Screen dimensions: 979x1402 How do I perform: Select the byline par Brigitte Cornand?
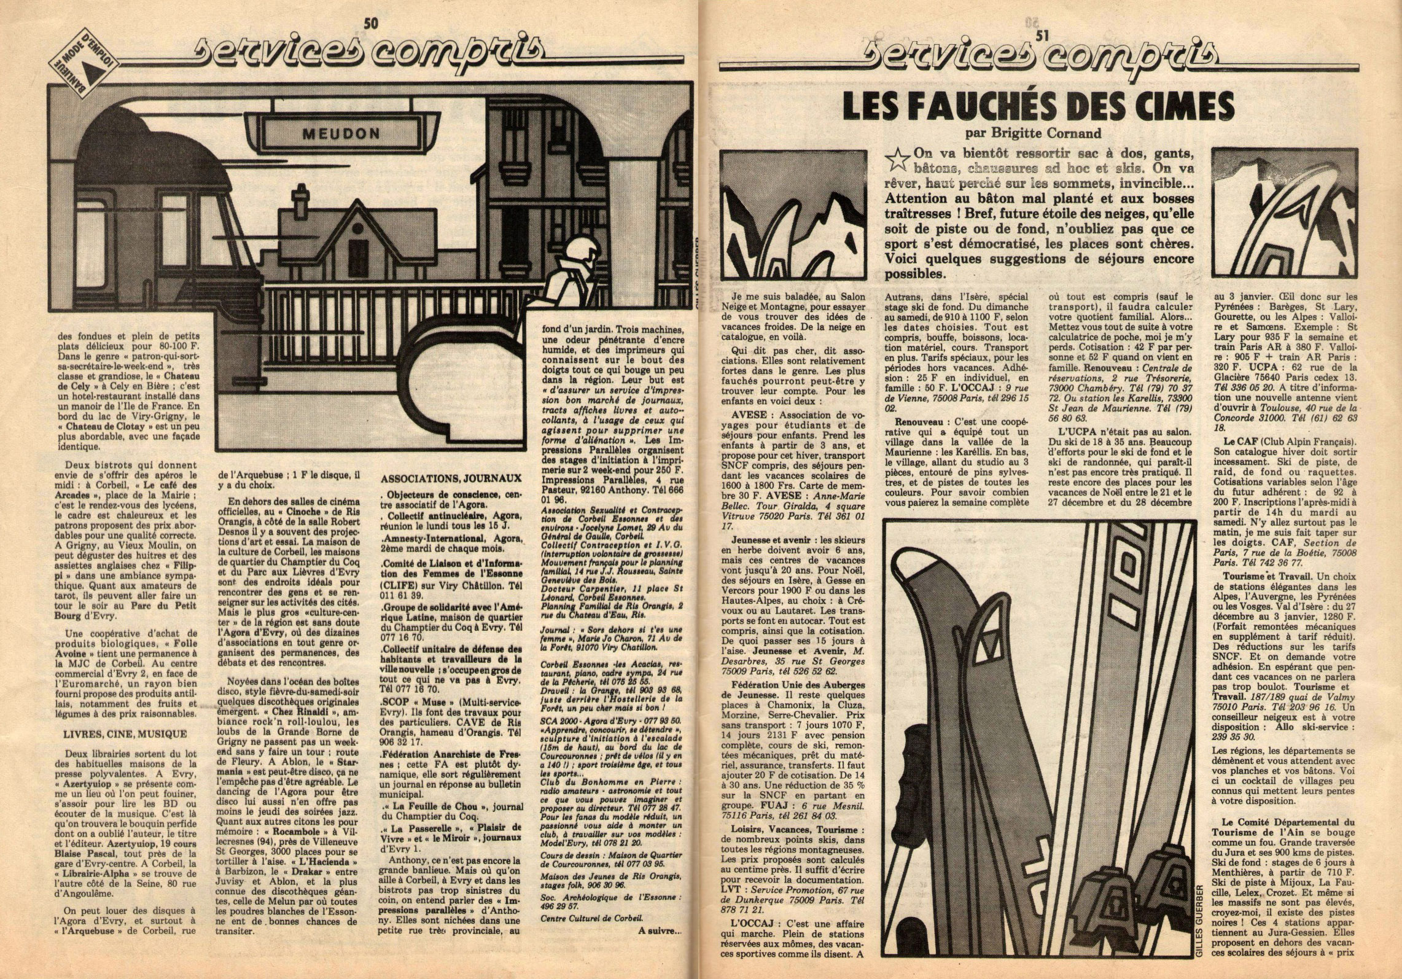[1037, 131]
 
